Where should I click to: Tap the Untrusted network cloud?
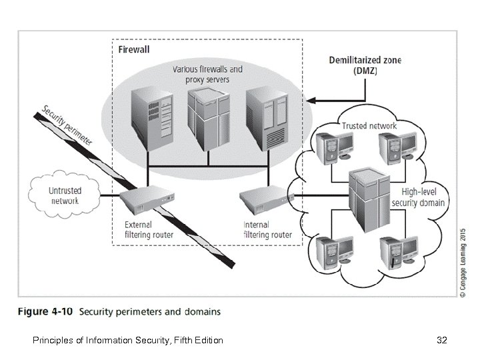[x=65, y=195]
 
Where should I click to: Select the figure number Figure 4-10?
[x=47, y=311]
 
